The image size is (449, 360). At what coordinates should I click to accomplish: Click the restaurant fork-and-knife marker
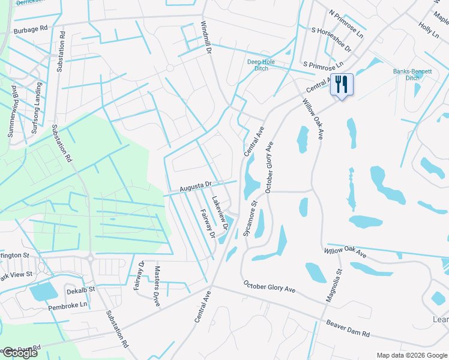tap(342, 84)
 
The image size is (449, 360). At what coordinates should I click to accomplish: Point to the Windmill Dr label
tap(206, 40)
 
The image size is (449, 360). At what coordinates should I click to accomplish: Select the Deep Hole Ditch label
tap(258, 65)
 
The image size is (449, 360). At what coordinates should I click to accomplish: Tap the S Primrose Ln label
tap(323, 64)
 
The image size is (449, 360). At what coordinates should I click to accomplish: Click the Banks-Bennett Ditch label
tap(412, 74)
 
